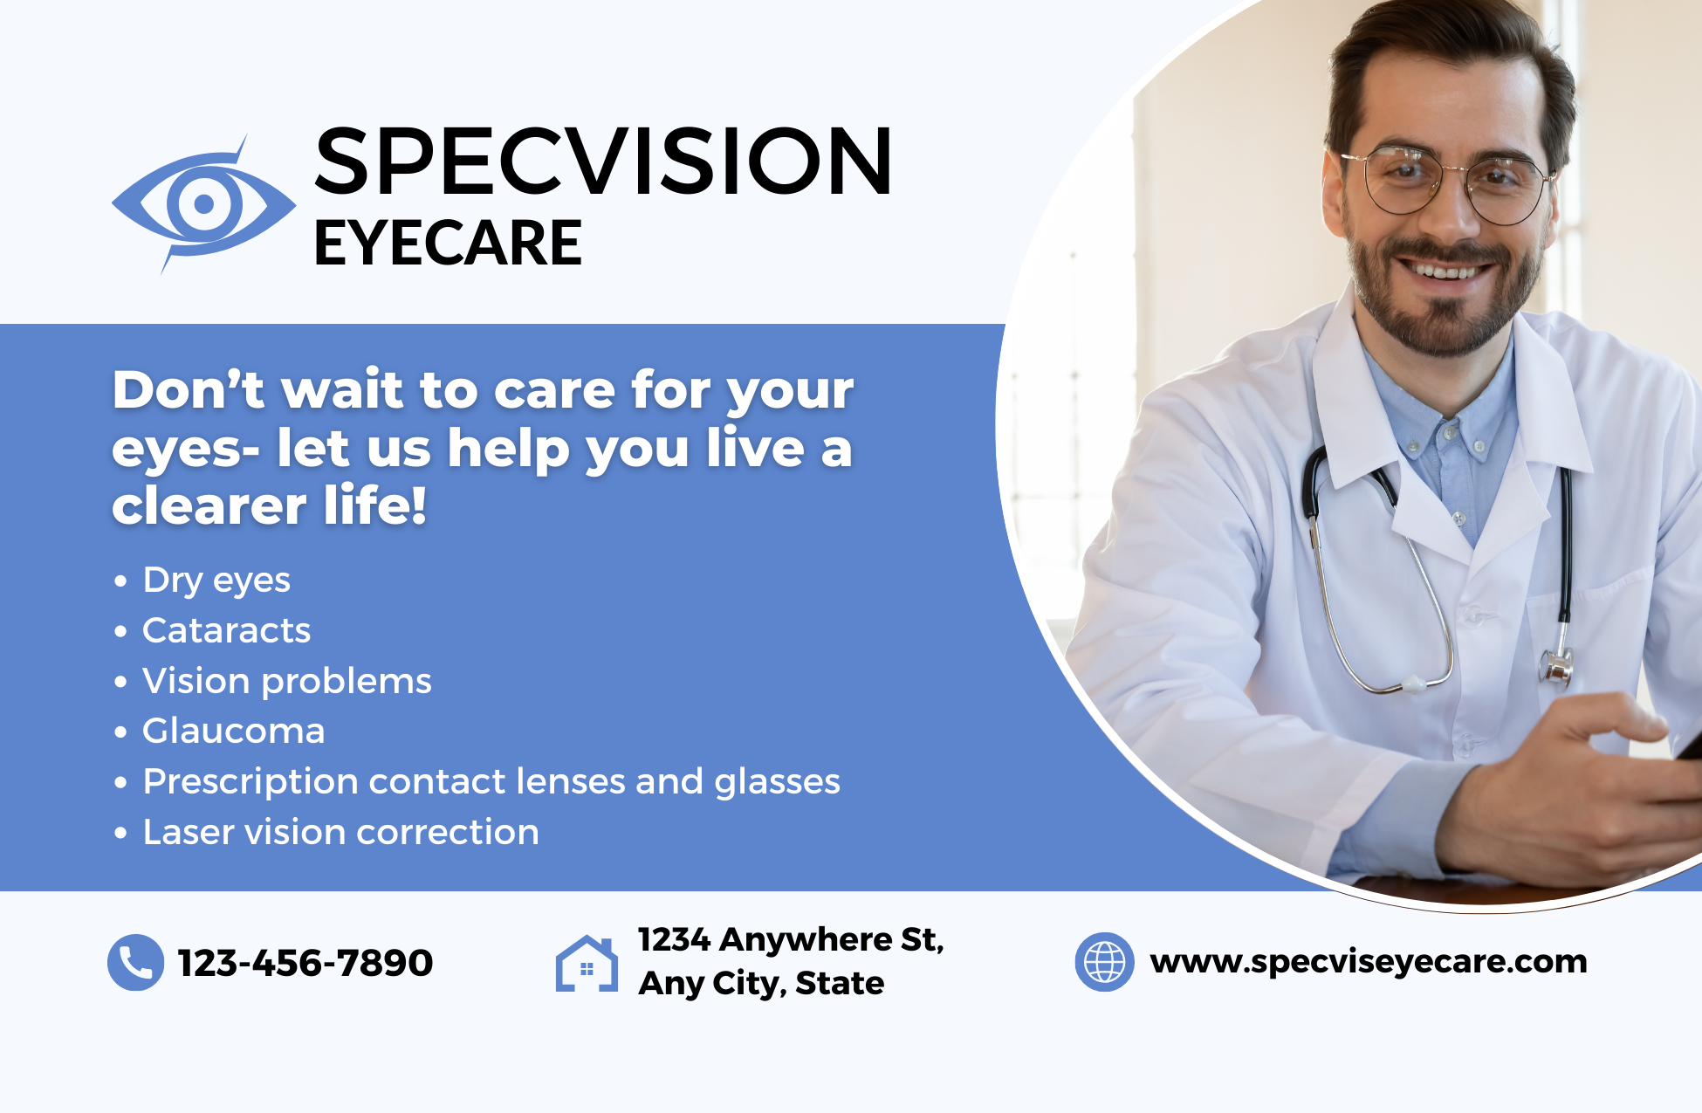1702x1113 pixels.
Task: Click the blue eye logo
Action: click(x=203, y=204)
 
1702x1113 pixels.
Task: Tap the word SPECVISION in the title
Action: click(x=603, y=161)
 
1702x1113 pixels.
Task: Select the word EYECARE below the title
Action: click(x=448, y=243)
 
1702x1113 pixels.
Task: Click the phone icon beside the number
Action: click(x=135, y=962)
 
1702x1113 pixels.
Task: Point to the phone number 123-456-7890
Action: click(x=305, y=963)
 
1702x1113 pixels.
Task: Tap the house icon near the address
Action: click(x=587, y=964)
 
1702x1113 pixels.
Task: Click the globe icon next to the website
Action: click(x=1104, y=962)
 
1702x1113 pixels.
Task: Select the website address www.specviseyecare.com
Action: click(x=1369, y=962)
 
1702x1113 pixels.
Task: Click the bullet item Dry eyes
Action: click(x=216, y=581)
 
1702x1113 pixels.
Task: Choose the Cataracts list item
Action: click(x=227, y=630)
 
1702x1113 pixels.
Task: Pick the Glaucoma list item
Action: click(x=234, y=731)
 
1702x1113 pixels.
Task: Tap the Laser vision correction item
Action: click(x=341, y=832)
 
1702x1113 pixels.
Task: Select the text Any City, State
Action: click(x=761, y=984)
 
